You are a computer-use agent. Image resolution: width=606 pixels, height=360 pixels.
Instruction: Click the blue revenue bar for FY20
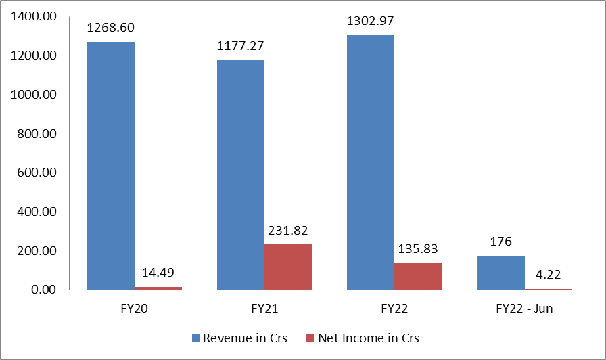pos(111,166)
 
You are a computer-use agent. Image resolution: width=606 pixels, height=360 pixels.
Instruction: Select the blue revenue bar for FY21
pos(241,175)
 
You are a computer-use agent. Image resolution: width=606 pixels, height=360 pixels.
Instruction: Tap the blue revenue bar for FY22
pos(371,162)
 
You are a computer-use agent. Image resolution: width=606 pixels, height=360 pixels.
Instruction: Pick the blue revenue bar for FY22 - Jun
pos(500,273)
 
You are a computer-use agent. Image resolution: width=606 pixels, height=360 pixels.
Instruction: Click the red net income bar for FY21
pos(288,267)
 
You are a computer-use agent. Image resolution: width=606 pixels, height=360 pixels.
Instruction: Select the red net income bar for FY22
pos(418,276)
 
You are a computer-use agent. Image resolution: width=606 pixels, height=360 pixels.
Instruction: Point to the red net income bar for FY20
pos(158,288)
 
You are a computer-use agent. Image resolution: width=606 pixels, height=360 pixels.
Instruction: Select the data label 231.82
pos(288,230)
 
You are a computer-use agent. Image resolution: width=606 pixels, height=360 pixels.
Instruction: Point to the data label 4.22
pos(548,275)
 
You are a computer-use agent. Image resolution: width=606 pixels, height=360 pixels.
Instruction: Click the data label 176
pos(500,242)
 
